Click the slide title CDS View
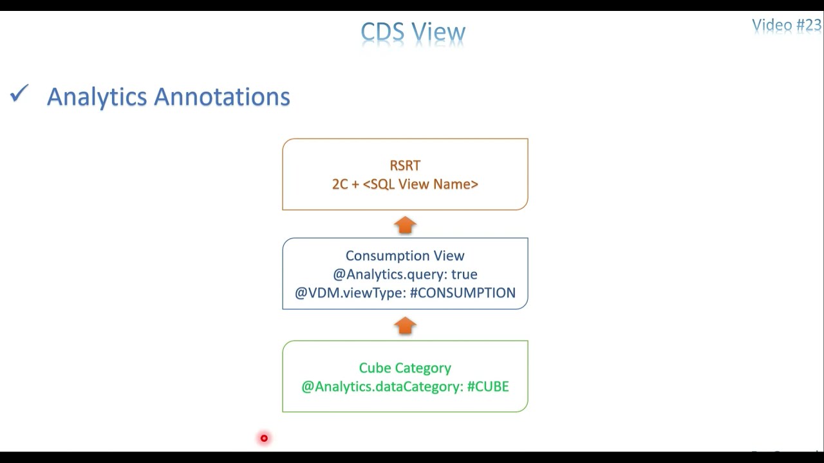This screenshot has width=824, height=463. click(x=413, y=32)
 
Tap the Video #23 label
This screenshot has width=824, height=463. click(x=786, y=25)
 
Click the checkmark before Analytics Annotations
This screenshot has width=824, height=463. click(x=19, y=95)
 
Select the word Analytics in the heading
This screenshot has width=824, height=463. click(x=97, y=97)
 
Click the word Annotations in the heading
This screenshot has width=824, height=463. click(x=221, y=97)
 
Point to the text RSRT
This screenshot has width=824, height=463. click(x=405, y=166)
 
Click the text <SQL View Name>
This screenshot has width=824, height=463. click(x=420, y=185)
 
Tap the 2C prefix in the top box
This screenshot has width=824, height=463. click(x=340, y=185)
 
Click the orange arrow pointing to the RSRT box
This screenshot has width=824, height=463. click(x=405, y=225)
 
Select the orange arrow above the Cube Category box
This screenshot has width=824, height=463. click(x=405, y=326)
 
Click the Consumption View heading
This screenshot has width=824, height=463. click(x=405, y=256)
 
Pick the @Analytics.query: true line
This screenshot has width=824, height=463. click(x=405, y=275)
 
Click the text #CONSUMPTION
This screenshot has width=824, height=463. click(x=462, y=293)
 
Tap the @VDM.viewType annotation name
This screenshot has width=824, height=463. click(x=350, y=293)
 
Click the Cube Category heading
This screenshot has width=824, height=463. click(x=405, y=368)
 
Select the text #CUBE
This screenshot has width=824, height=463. click(x=488, y=386)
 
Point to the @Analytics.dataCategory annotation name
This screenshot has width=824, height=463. click(x=382, y=386)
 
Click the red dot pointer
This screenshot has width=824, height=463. click(x=264, y=439)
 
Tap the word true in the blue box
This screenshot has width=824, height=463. click(x=464, y=275)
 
